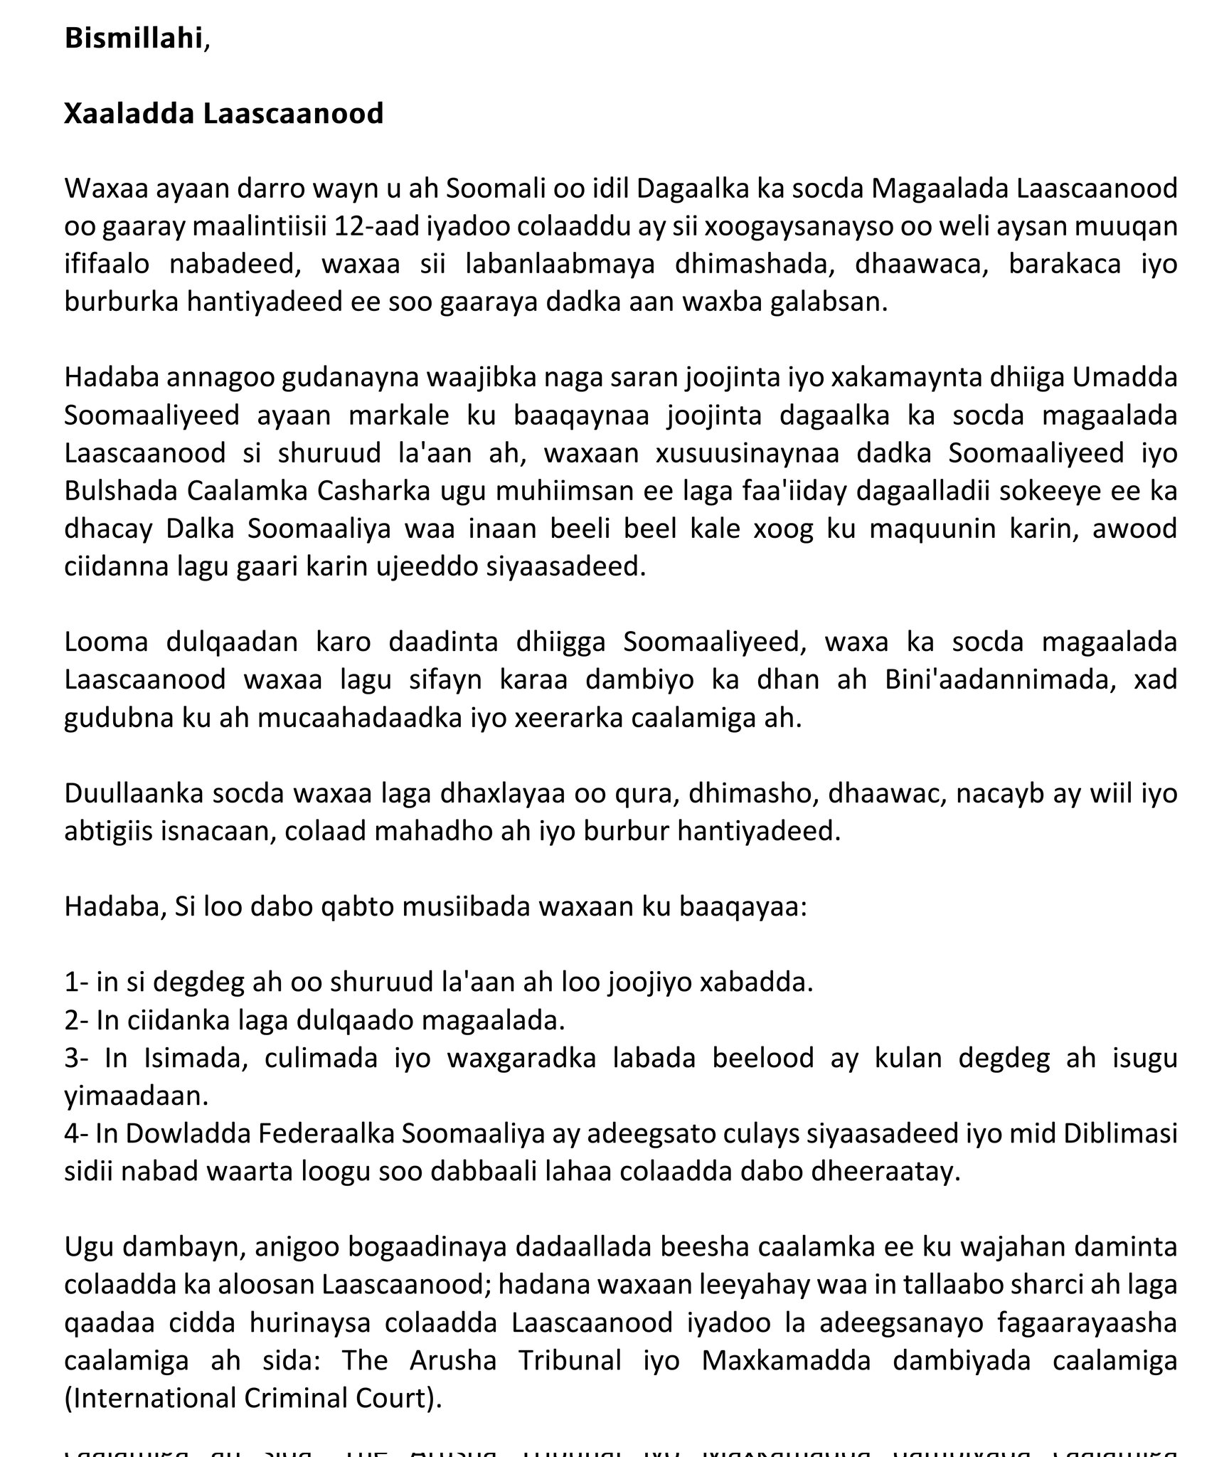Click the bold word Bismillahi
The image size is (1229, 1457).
click(133, 38)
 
